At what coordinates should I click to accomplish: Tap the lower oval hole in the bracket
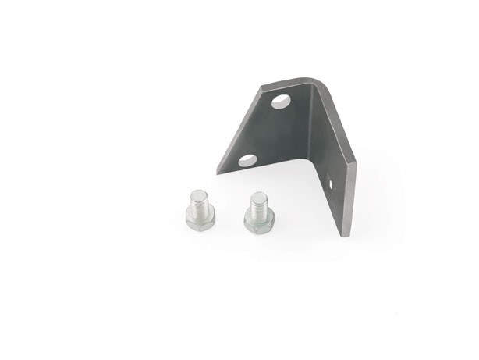[247, 160]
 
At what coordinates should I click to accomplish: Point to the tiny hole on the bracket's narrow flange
[330, 185]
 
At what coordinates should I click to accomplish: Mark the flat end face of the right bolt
[256, 195]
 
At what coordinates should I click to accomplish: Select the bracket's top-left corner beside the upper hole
[262, 87]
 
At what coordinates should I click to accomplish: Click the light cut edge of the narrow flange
[349, 199]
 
